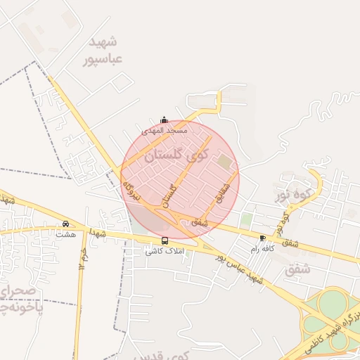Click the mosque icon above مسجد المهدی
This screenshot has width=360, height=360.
click(x=165, y=120)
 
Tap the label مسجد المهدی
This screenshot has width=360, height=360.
click(x=165, y=130)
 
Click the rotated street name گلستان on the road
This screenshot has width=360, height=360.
click(x=169, y=191)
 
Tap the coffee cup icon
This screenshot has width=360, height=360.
click(x=263, y=238)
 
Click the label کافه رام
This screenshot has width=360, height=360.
click(x=262, y=248)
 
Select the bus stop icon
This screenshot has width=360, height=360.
click(x=165, y=240)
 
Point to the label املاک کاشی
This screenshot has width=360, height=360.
click(x=164, y=250)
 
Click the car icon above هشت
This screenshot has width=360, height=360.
click(x=66, y=224)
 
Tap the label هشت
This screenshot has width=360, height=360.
click(x=67, y=233)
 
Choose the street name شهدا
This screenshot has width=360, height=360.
click(x=98, y=233)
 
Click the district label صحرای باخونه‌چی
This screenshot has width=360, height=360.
click(x=21, y=300)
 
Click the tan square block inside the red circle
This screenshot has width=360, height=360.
click(x=224, y=162)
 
